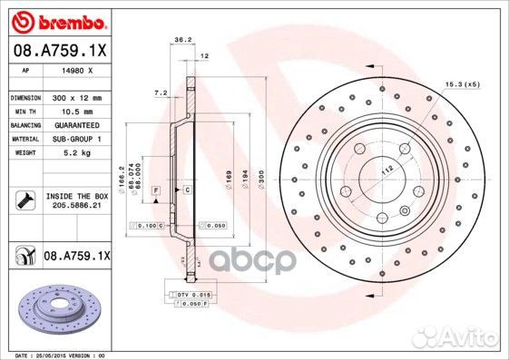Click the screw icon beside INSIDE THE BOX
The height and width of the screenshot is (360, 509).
pyautogui.click(x=23, y=199)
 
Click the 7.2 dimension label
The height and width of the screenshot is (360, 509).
pyautogui.click(x=162, y=92)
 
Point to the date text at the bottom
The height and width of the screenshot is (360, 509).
pyautogui.click(x=54, y=355)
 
